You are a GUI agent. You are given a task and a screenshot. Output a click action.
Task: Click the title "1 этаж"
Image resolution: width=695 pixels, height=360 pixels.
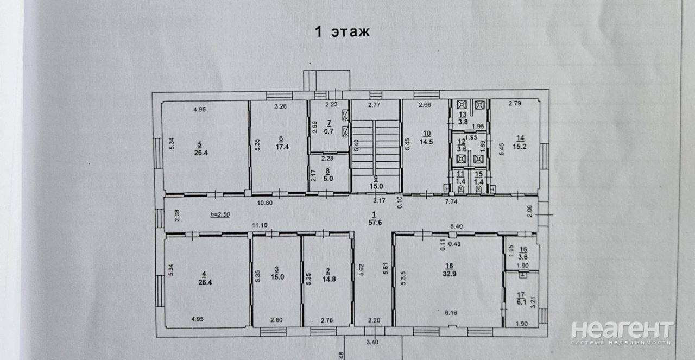[x=342, y=31]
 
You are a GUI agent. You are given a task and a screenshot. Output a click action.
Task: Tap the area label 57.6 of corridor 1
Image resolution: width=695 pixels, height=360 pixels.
[x=375, y=223]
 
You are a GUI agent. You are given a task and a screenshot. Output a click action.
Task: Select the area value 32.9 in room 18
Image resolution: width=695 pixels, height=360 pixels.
[x=449, y=274]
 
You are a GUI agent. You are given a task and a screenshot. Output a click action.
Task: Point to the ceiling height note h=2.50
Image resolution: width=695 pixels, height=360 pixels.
[x=220, y=214]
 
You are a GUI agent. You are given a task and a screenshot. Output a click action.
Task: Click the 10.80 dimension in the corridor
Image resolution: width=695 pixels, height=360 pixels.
[x=265, y=203]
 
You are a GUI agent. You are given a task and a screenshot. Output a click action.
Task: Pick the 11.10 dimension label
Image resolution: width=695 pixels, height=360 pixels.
[x=260, y=225]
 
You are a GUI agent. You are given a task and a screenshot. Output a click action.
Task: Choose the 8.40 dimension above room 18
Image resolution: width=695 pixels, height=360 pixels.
[x=457, y=226]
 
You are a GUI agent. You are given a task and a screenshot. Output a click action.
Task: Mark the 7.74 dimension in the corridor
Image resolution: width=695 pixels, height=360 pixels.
[x=451, y=201]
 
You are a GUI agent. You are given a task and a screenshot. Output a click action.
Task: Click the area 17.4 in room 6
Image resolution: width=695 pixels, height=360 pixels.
[x=282, y=147]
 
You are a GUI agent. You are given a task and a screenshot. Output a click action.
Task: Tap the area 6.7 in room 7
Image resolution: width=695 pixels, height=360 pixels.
[x=328, y=131]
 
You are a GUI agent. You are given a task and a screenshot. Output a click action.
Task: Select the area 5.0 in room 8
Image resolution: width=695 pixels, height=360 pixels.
[x=328, y=179]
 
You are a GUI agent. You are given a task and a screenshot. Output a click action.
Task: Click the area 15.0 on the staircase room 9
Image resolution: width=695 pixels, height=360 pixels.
[x=376, y=186]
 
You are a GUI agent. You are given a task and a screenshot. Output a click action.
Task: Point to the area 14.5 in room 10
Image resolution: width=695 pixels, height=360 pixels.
[x=426, y=142]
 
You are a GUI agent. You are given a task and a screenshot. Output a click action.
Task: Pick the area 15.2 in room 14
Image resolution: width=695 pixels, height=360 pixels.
[x=520, y=146]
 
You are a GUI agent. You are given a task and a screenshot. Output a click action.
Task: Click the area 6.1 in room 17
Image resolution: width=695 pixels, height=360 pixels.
[x=522, y=302]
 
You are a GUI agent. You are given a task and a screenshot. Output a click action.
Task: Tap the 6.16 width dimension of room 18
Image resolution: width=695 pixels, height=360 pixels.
[x=451, y=313]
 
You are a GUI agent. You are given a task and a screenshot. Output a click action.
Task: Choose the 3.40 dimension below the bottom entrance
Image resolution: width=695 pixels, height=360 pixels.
[x=372, y=342]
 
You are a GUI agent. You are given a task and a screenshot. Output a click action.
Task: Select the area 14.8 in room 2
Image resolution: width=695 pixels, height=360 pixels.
[x=329, y=279]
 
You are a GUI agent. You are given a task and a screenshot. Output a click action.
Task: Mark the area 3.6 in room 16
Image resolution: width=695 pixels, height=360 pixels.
[x=523, y=257]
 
